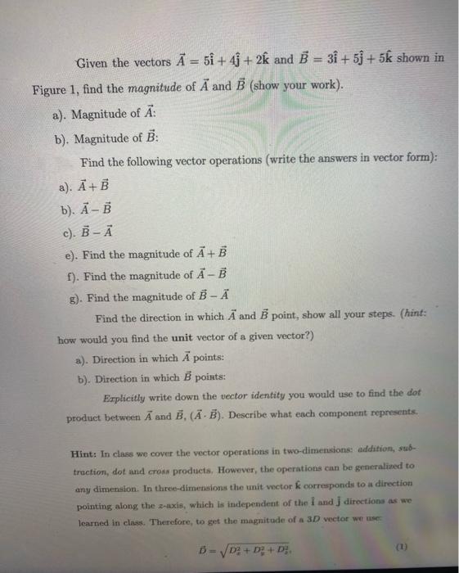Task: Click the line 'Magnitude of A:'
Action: pos(114,114)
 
